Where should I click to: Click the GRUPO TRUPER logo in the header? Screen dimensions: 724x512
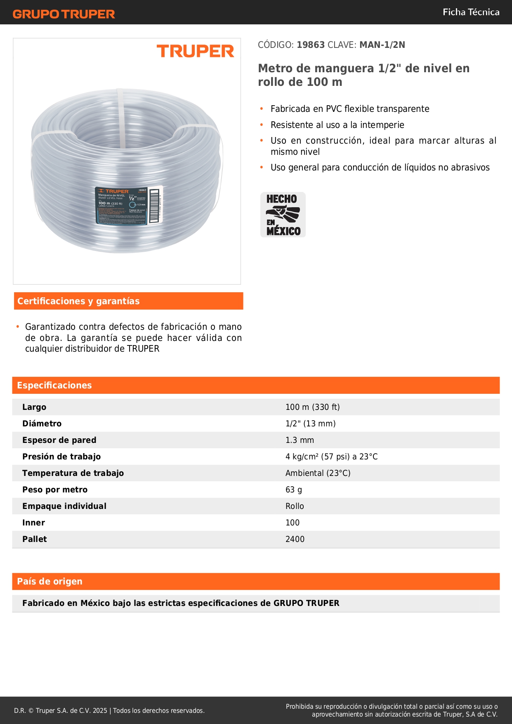coord(64,14)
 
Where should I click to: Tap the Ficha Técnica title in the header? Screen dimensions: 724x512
coord(471,12)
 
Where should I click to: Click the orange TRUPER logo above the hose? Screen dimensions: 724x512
coord(195,51)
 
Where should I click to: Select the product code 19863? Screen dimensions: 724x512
coord(311,45)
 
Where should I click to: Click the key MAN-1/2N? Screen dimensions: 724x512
coord(382,45)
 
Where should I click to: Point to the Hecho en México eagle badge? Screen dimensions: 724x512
coord(283,215)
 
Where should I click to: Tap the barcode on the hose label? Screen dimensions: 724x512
coord(154,206)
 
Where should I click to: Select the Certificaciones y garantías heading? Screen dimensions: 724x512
coord(78,301)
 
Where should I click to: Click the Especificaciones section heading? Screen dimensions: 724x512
coord(54,386)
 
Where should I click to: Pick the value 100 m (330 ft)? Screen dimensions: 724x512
coord(312,407)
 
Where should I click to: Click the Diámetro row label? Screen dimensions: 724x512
coord(42,424)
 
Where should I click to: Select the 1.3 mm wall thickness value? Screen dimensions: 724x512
coord(300,440)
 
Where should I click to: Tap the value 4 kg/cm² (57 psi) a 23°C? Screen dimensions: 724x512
coord(331,457)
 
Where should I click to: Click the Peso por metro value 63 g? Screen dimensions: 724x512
coord(293,490)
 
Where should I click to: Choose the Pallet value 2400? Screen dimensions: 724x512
coord(295,539)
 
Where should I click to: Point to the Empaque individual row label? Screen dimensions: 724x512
coord(64,506)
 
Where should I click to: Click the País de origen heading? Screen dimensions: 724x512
coord(50,582)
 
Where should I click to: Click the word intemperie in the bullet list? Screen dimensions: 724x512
coord(382,125)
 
